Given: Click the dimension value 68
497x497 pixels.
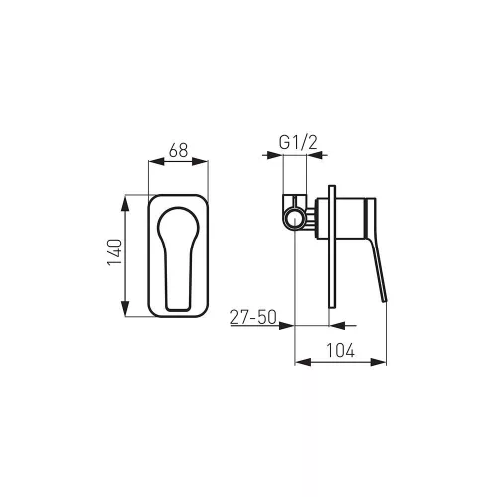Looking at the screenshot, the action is pos(178,150).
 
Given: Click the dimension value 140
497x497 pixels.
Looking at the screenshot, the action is pos(115,252).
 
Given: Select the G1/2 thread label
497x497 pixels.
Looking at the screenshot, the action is pos(298,143).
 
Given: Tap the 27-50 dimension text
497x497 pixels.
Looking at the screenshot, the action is pos(253,317).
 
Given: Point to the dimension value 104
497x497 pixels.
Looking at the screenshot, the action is pos(341,350).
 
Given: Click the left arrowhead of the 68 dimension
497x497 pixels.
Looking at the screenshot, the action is pos(156,161).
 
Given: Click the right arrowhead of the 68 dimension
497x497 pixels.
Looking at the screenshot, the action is pos(200,161).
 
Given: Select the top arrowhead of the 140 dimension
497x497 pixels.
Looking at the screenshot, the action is pos(125,203).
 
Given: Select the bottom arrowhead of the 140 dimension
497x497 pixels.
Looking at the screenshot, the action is pos(125,308).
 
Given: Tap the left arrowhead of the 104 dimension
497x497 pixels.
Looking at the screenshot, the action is pos(303,362).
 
